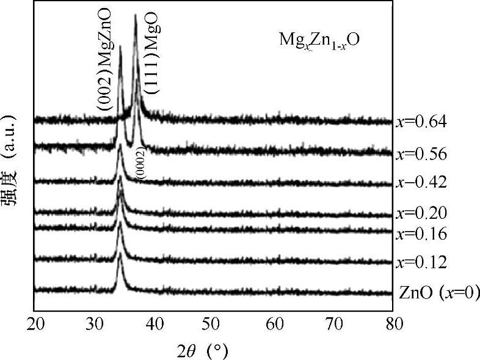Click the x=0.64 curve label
[x=422, y=122]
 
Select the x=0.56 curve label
[x=422, y=155]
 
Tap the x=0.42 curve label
[x=422, y=182]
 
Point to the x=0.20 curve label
[x=422, y=213]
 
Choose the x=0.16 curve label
[x=422, y=234]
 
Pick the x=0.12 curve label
[x=422, y=263]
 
